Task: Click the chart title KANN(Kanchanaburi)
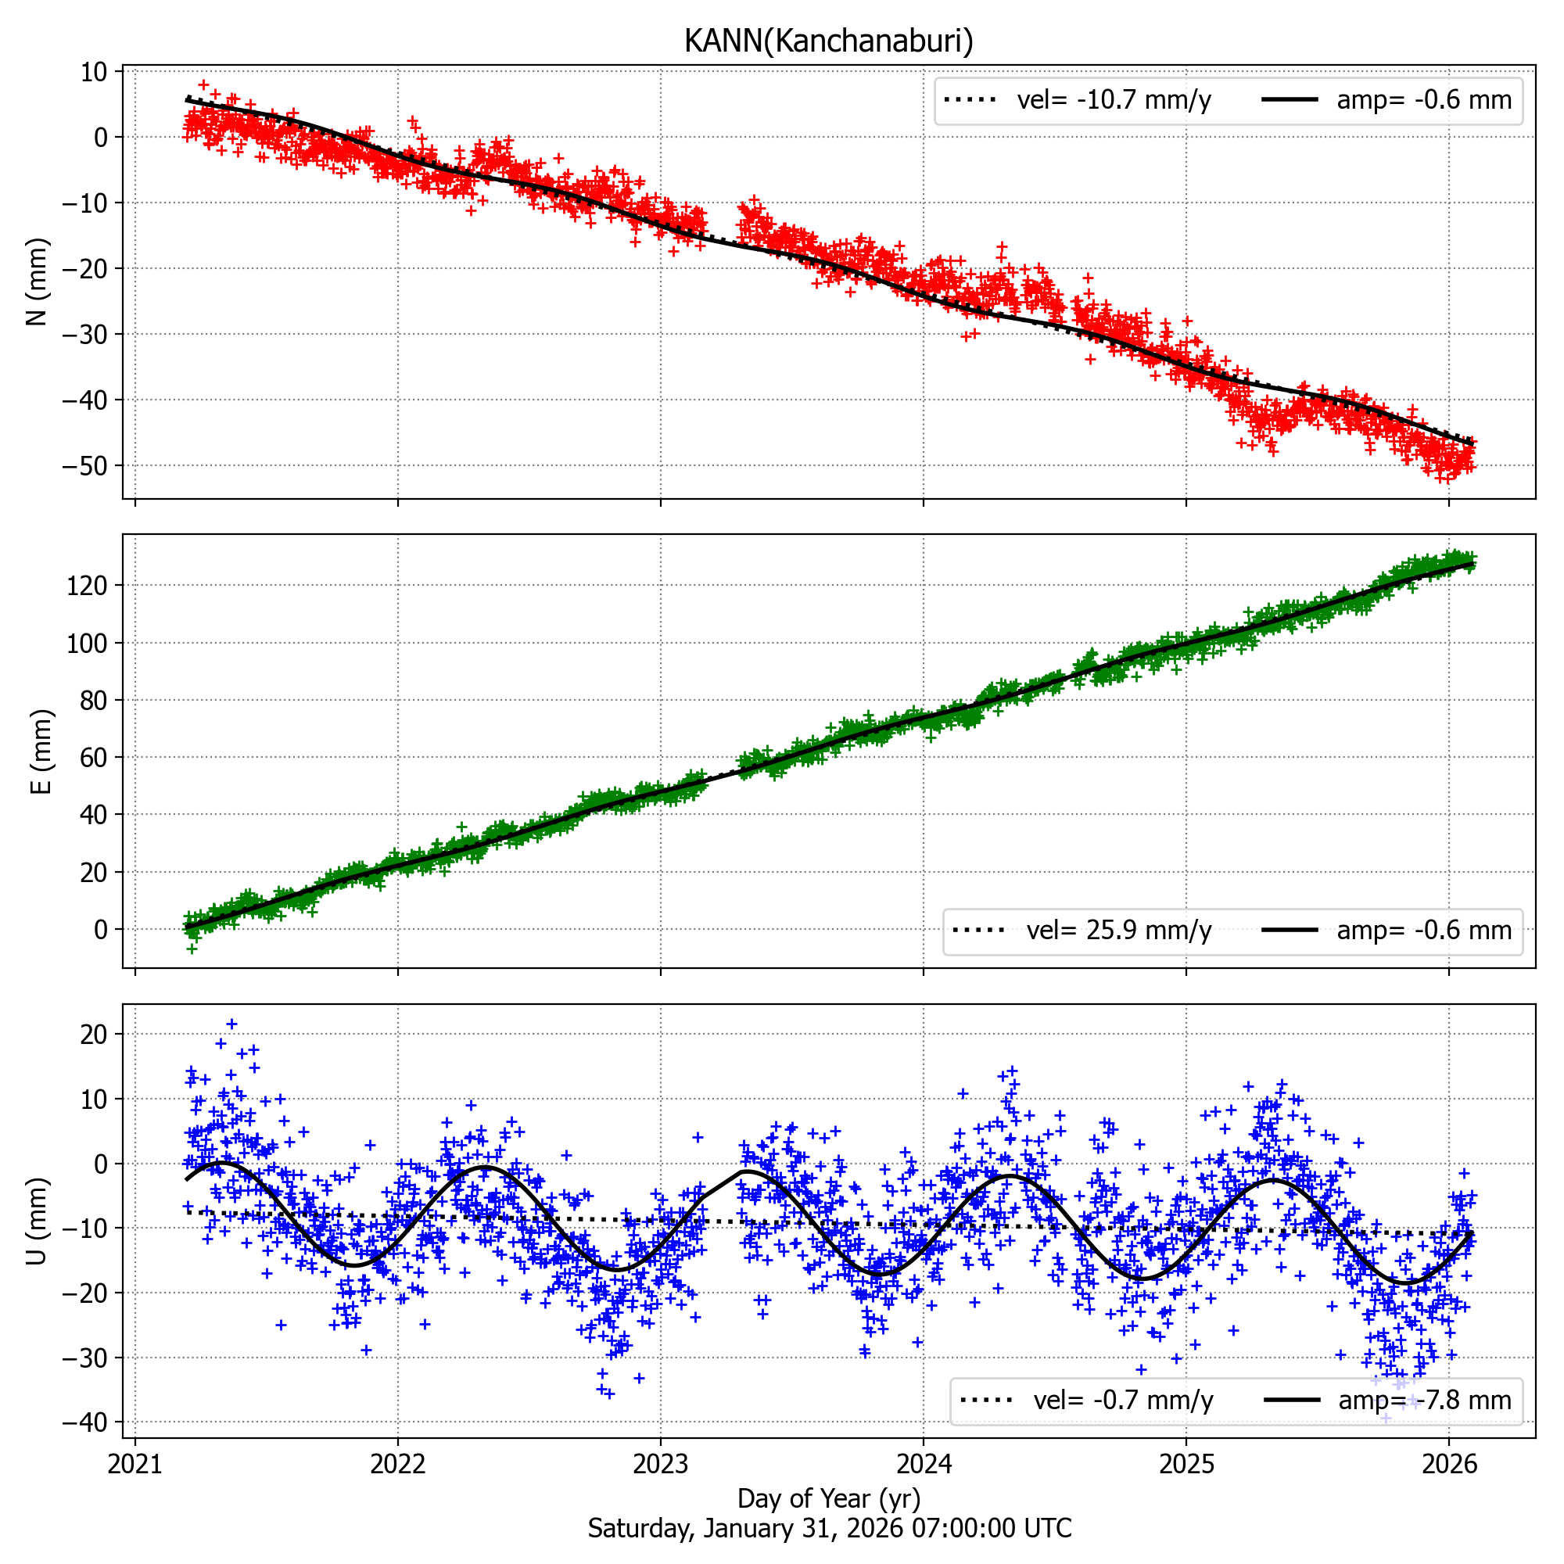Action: pos(828,41)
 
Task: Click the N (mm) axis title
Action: pos(38,282)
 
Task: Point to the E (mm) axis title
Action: pos(41,752)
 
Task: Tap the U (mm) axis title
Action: pos(38,1221)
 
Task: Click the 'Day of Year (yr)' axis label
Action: pos(828,1498)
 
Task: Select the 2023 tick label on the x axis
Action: pos(661,1464)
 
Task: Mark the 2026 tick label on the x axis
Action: pos(1448,1464)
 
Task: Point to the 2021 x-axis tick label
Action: pos(135,1464)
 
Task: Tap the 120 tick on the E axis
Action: pos(88,585)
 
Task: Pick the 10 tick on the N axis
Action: pos(94,72)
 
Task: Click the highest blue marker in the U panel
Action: pos(231,1024)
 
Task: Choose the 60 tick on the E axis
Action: pos(94,758)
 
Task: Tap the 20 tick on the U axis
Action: pos(94,1035)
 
